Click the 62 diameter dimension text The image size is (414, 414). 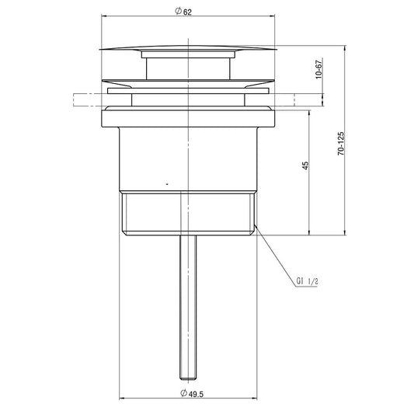coord(187,12)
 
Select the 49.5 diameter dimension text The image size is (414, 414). coord(196,394)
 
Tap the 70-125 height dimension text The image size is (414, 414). coord(341,144)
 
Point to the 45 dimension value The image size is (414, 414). coord(305,165)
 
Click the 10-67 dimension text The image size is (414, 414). coord(319,69)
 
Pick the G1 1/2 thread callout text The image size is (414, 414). coord(307,281)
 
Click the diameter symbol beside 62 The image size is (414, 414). coord(178,11)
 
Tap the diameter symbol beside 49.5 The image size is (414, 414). coord(183,393)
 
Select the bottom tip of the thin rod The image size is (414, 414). coord(188,379)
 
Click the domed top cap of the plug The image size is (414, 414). coord(188,47)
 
